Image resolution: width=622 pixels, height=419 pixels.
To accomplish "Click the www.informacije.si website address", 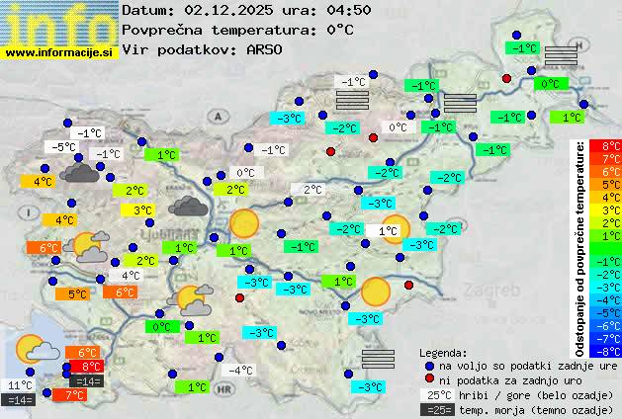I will (x=60, y=52).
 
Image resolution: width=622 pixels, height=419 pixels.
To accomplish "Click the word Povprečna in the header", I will (x=163, y=30).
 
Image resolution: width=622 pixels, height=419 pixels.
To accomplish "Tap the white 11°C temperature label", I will (x=20, y=385).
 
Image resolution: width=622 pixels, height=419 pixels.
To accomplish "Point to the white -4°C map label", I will (x=240, y=371).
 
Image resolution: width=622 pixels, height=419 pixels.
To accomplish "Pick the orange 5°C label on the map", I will (x=76, y=293).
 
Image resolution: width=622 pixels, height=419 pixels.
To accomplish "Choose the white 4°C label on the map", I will (x=130, y=276).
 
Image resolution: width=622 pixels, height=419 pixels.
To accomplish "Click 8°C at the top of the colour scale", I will (x=611, y=147).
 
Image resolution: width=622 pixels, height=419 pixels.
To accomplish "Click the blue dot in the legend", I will (x=428, y=365).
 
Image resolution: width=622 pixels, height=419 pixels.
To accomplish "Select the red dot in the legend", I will (x=428, y=379).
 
